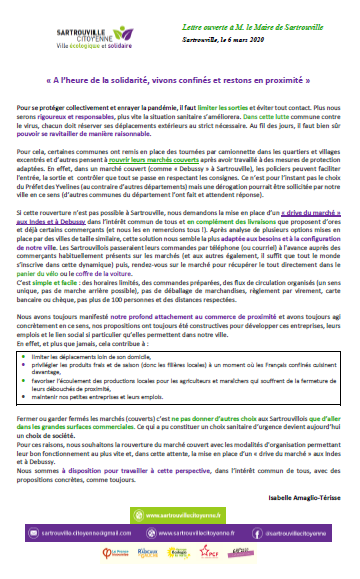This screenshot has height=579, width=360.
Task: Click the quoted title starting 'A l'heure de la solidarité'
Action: point(180,76)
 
